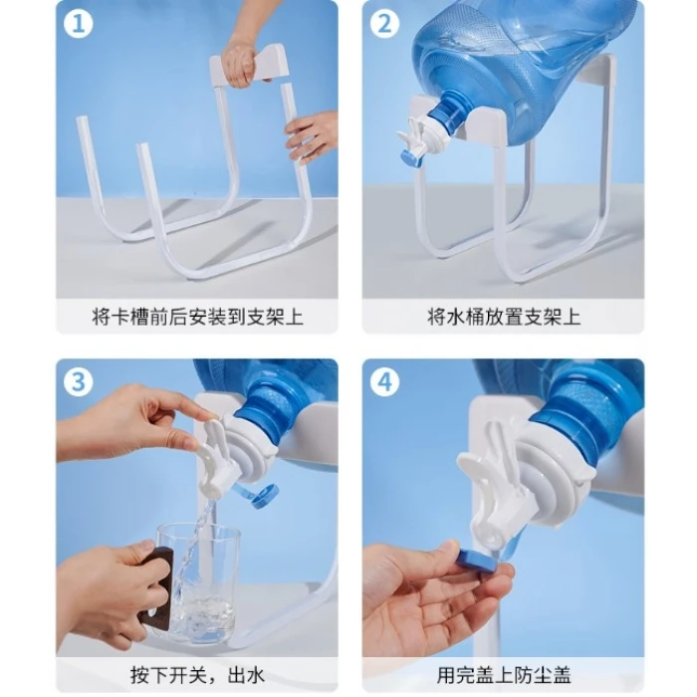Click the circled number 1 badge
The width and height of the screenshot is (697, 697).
[79, 24]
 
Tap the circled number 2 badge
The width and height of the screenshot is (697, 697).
[385, 24]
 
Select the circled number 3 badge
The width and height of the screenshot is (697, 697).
[79, 382]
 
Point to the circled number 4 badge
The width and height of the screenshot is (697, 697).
[385, 382]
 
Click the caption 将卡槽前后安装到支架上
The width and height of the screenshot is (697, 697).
[197, 318]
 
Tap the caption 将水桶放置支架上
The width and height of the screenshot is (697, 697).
[504, 318]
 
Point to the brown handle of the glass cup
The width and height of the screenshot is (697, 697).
[155, 589]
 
